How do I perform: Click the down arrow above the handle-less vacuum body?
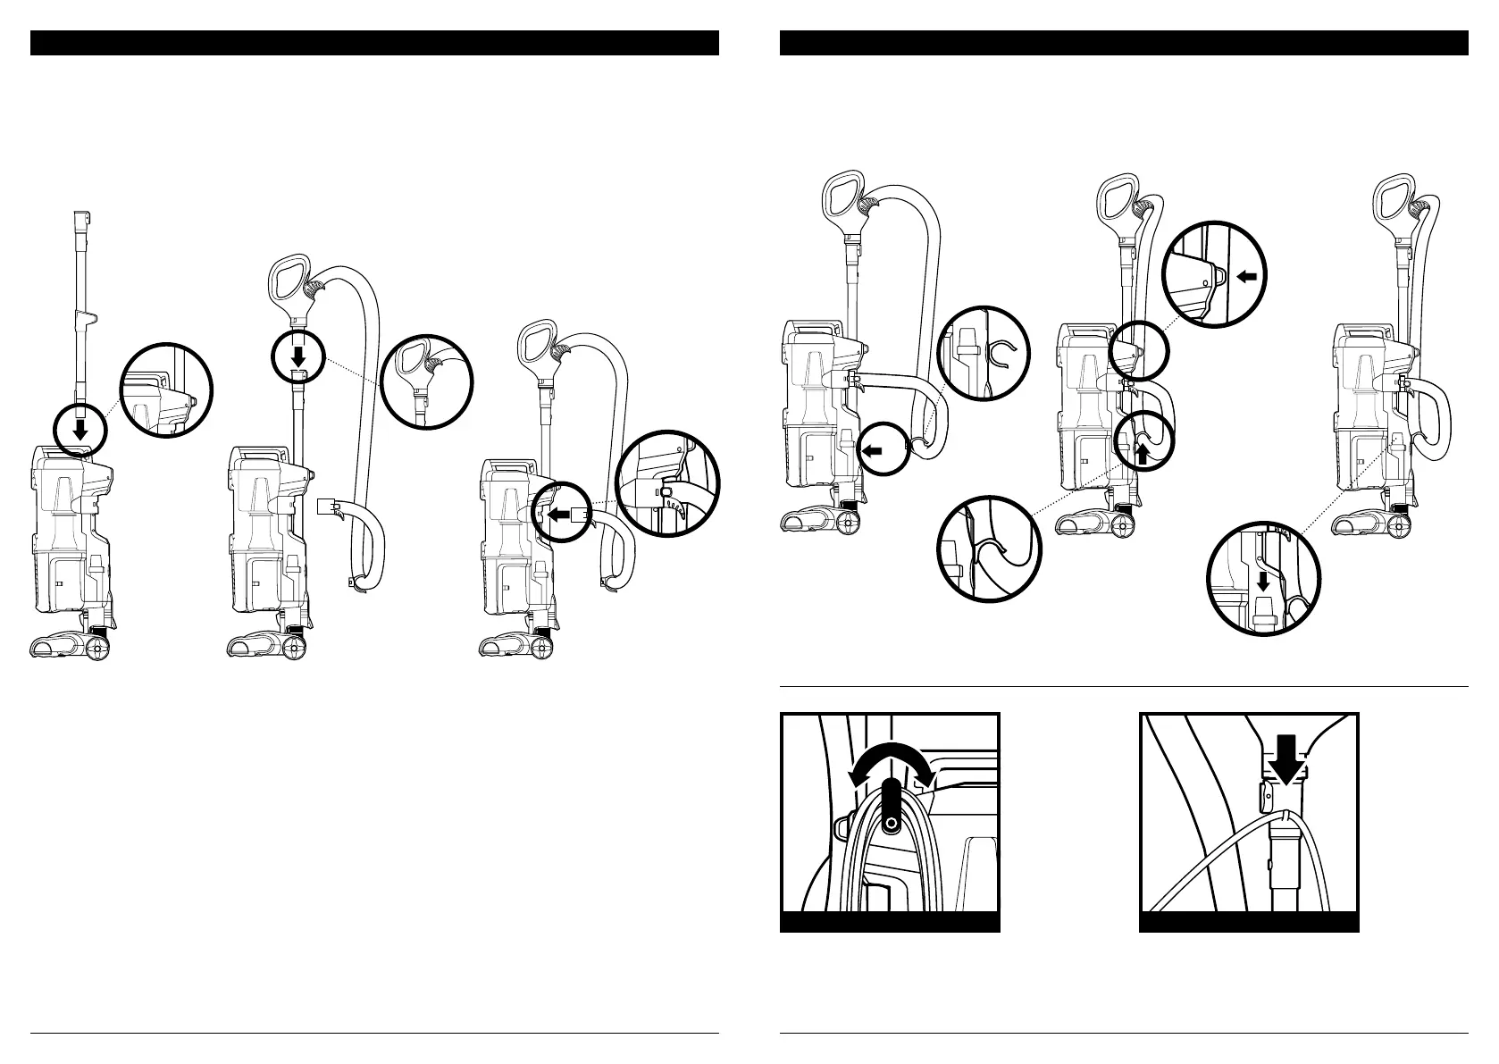(80, 431)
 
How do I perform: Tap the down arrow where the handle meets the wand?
(297, 355)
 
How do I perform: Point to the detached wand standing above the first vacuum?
(80, 304)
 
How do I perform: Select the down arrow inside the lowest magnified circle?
(1262, 582)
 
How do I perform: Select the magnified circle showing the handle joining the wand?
(426, 379)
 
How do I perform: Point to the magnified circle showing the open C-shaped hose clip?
(984, 353)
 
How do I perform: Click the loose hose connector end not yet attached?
(327, 508)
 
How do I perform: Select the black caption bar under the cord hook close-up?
(889, 922)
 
